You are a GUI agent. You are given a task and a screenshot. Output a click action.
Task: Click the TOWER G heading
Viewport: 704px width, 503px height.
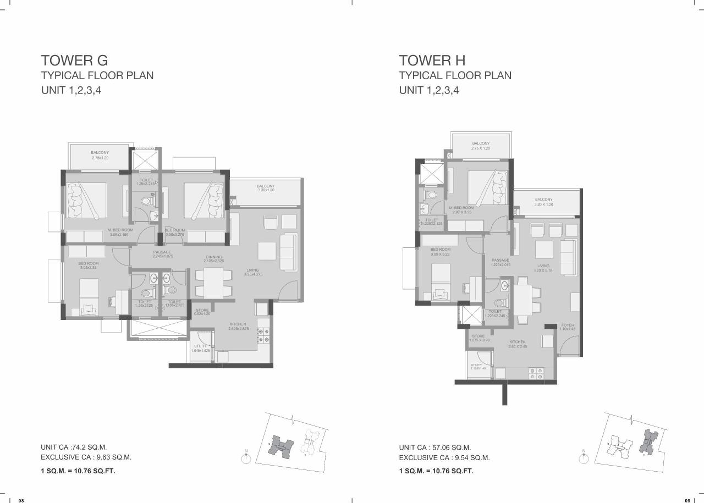click(x=74, y=60)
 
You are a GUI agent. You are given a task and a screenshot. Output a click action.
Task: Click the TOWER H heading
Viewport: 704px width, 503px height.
click(x=432, y=60)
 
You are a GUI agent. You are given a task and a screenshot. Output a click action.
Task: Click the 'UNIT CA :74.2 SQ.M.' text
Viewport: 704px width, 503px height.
click(x=74, y=447)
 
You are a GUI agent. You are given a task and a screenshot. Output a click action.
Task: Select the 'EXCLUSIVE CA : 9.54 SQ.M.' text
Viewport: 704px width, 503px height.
click(x=444, y=457)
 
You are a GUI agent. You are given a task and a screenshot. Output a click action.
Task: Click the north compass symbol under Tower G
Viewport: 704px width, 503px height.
click(x=246, y=457)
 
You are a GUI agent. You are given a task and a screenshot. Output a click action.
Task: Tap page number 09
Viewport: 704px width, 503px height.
click(x=687, y=500)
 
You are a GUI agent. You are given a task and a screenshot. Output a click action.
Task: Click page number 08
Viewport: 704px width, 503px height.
click(x=21, y=500)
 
